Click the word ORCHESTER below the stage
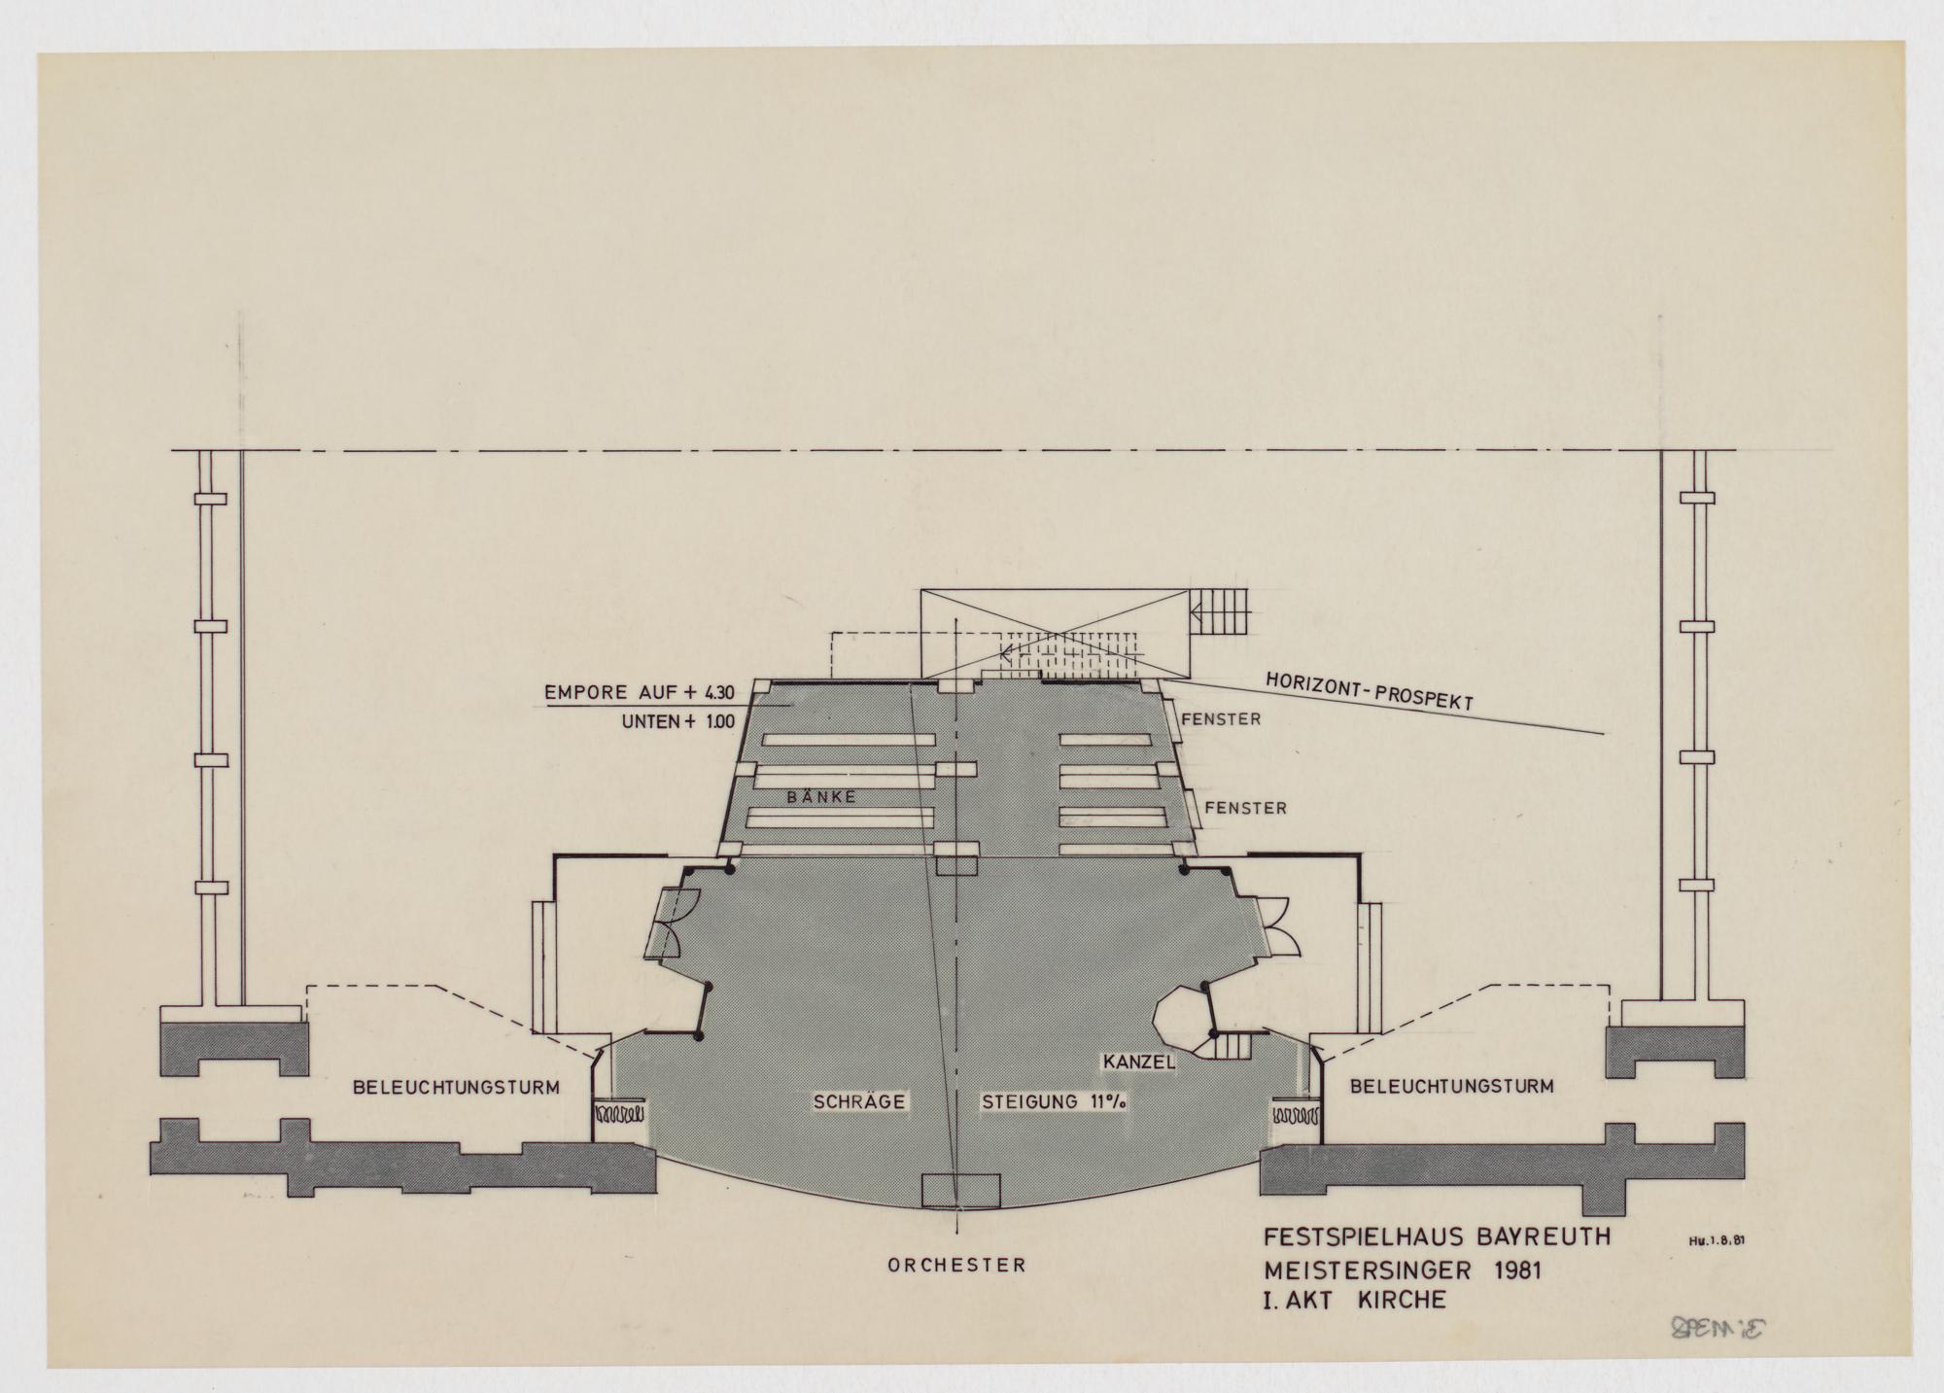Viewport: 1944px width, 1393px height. [x=956, y=1266]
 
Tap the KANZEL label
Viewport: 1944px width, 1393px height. [x=1139, y=1062]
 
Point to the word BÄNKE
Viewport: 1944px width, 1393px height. [x=821, y=796]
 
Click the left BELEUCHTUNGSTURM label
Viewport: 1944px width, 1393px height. [x=457, y=1088]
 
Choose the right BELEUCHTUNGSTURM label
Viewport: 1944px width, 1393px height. [x=1450, y=1085]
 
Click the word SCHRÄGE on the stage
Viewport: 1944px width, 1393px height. [x=859, y=1101]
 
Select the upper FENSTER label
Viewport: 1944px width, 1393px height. [x=1221, y=720]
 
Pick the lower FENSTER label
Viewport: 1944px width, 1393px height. [x=1246, y=808]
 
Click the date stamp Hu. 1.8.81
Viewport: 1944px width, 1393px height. [x=1732, y=1239]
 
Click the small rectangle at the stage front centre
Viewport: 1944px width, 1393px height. [x=960, y=1190]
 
